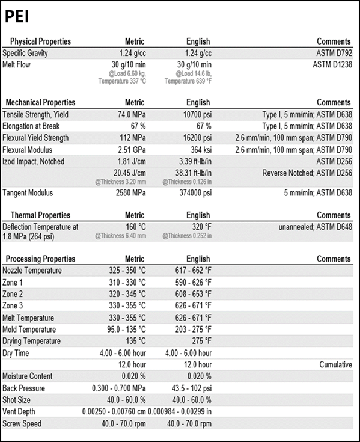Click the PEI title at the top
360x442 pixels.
click(x=17, y=16)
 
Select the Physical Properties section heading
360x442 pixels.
click(x=40, y=41)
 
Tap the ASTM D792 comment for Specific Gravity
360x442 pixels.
click(x=334, y=53)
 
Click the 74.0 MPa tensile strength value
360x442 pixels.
click(x=132, y=115)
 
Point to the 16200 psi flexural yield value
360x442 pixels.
click(x=197, y=138)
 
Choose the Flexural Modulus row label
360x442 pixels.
click(x=27, y=150)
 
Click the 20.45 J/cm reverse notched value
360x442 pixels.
click(x=130, y=173)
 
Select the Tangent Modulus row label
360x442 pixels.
click(x=28, y=193)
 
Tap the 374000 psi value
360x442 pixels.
click(x=195, y=193)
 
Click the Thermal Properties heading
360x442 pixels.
click(x=40, y=215)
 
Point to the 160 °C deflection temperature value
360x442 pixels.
click(x=136, y=227)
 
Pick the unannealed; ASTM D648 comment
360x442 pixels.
click(x=316, y=227)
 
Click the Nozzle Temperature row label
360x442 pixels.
click(x=32, y=271)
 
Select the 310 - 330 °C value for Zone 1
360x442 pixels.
click(x=127, y=283)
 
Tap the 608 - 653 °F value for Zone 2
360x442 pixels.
click(x=194, y=294)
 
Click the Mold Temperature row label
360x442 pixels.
click(x=29, y=330)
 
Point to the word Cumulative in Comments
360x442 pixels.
click(x=336, y=365)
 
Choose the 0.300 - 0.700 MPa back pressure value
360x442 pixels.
click(x=119, y=388)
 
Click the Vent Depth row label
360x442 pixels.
click(x=19, y=411)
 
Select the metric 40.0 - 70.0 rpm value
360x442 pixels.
click(x=124, y=424)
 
